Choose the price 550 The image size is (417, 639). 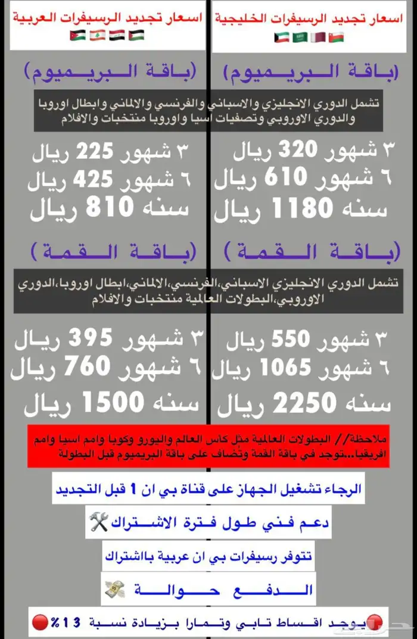coord(290,339)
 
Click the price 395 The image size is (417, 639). coord(91,338)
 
